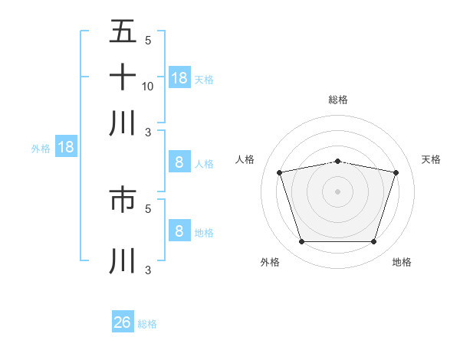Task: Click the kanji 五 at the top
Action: [x=123, y=33]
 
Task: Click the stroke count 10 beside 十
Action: [x=148, y=86]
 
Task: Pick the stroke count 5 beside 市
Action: [x=148, y=208]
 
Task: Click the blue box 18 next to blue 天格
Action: [x=179, y=77]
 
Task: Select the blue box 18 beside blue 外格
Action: [x=66, y=147]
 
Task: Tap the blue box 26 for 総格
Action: [x=123, y=322]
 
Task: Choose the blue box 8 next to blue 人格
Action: [x=179, y=162]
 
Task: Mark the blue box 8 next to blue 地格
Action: [x=179, y=231]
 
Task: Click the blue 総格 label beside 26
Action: [x=147, y=324]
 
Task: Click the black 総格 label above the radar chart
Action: [x=337, y=100]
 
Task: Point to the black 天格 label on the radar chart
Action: [x=431, y=159]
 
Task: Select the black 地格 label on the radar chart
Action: [x=402, y=262]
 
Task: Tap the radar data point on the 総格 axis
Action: [x=337, y=161]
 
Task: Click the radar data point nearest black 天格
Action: [x=396, y=172]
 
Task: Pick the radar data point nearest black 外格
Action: [x=301, y=241]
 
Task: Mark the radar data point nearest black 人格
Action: [x=279, y=172]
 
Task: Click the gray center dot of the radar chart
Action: [x=337, y=191]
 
